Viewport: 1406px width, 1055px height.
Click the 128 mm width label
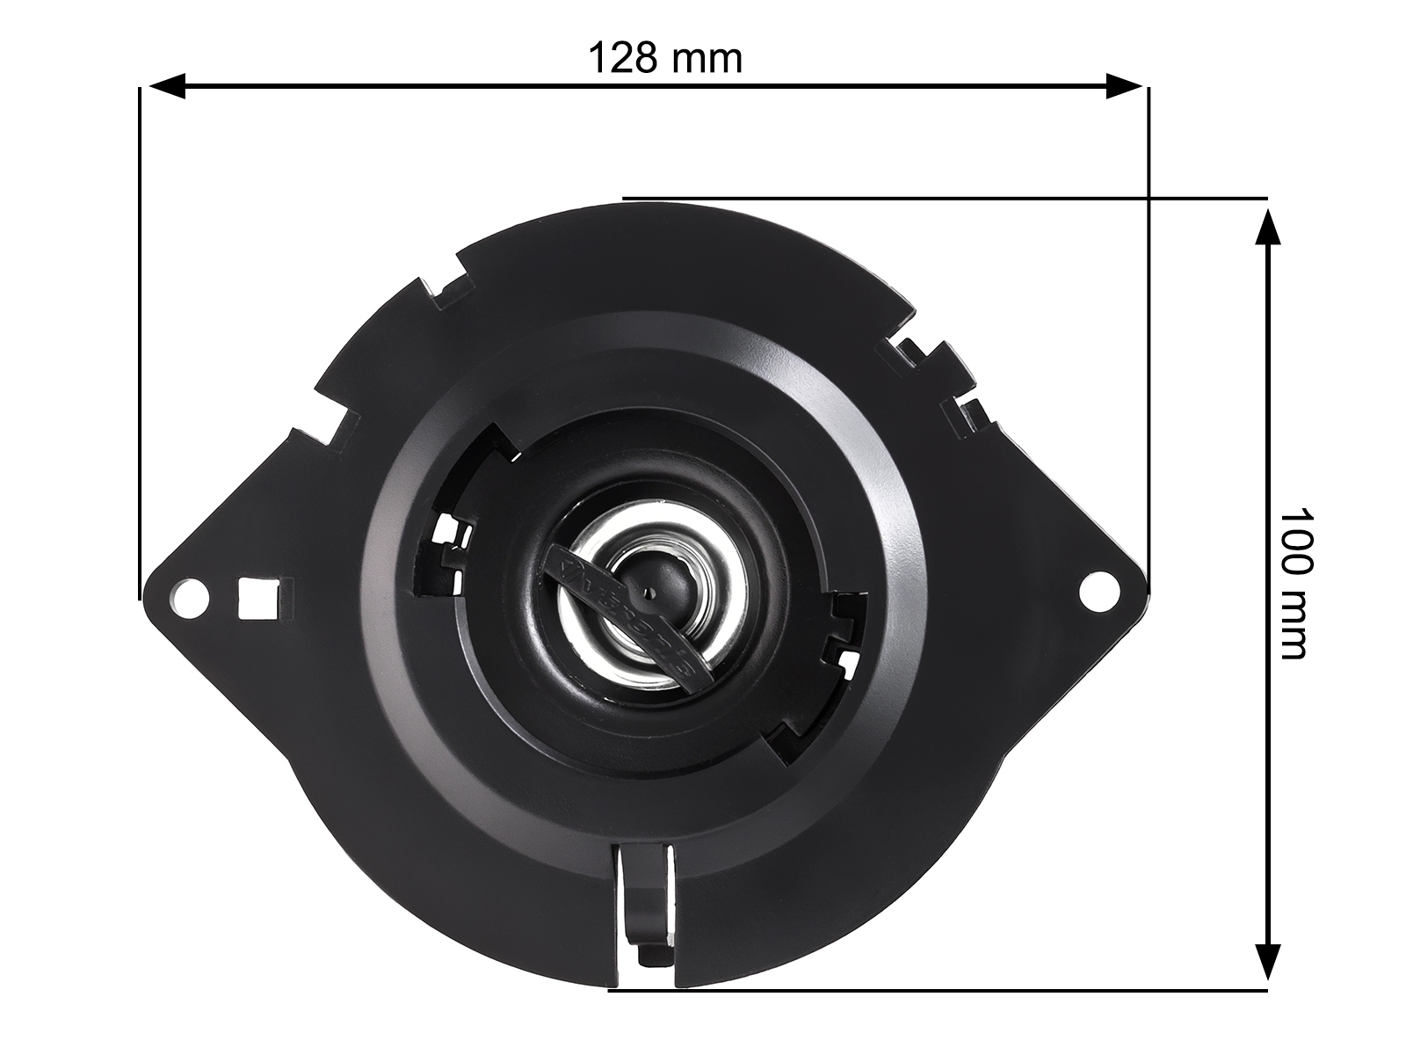click(x=664, y=59)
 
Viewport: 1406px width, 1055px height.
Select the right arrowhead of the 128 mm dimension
click(x=1124, y=86)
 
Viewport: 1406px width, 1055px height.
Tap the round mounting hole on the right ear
click(x=1097, y=589)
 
